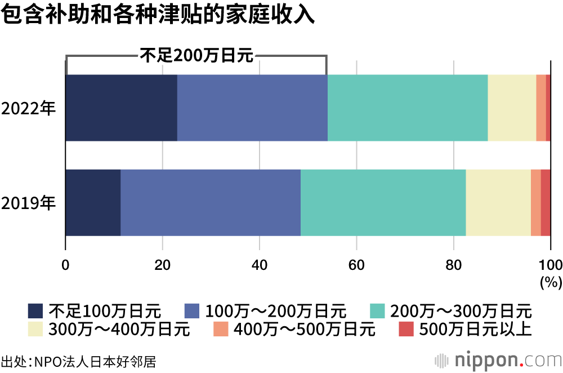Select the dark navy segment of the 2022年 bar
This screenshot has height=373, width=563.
[x=121, y=108]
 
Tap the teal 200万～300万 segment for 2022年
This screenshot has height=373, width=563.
[x=408, y=108]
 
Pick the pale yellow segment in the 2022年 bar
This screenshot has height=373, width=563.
[x=512, y=108]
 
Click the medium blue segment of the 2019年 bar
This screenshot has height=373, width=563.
[x=211, y=202]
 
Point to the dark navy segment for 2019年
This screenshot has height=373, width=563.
[x=93, y=202]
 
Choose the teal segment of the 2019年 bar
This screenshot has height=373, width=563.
[x=383, y=202]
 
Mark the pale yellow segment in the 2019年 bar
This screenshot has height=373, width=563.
[x=498, y=202]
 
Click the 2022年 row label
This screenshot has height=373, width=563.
[x=29, y=108]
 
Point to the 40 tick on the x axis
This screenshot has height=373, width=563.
[x=259, y=265]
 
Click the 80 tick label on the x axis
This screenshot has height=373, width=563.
[x=453, y=265]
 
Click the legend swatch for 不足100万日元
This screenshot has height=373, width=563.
[x=35, y=310]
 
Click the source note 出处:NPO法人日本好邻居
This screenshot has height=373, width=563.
[x=78, y=361]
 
